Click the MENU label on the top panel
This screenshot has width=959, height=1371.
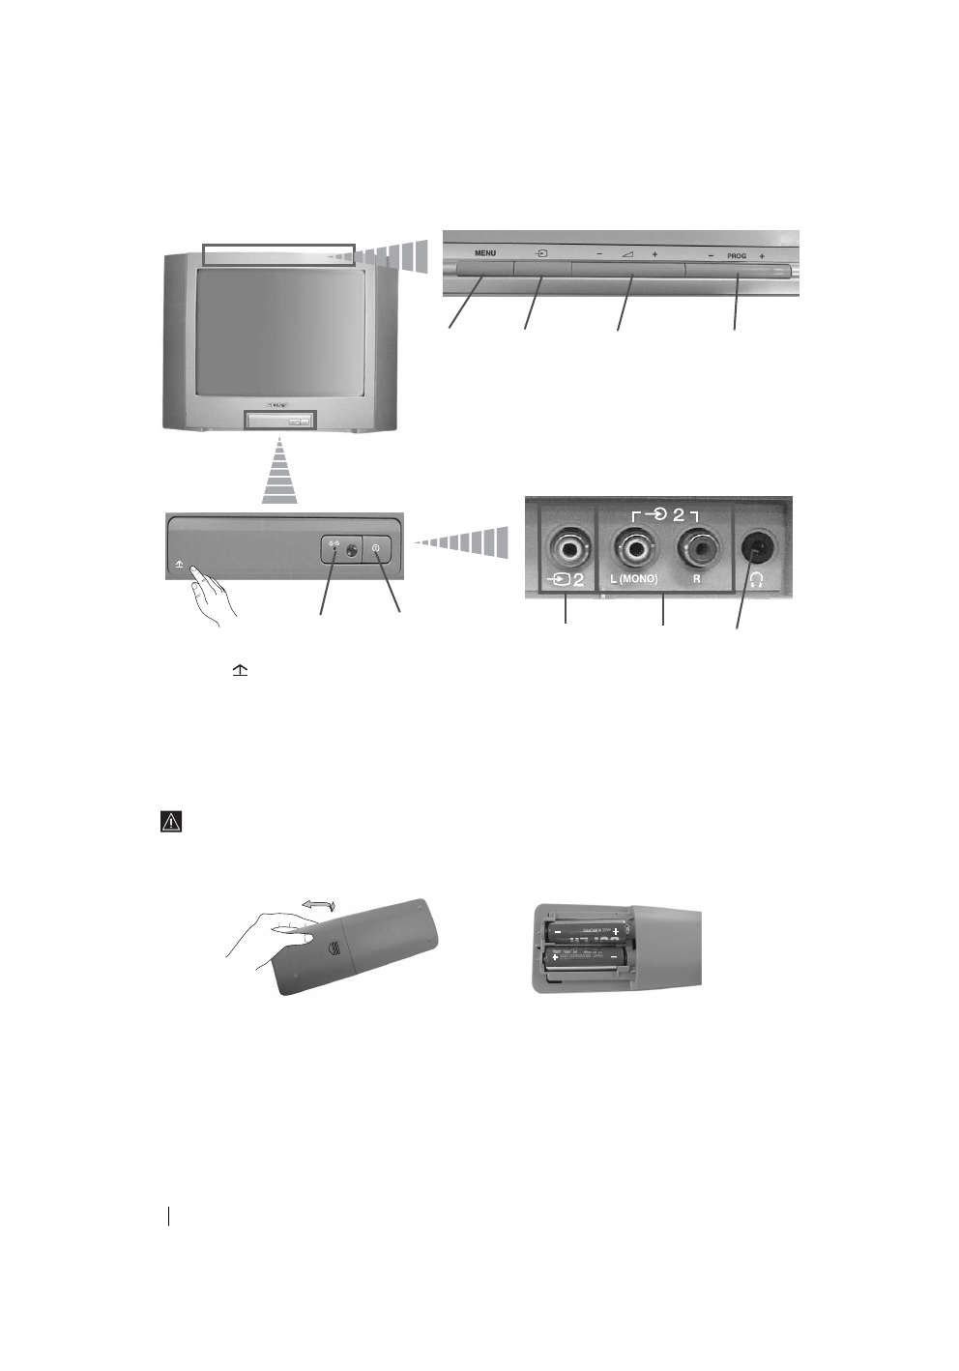[x=485, y=253]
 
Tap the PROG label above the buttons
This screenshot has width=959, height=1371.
[x=737, y=256]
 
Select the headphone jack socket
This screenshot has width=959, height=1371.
[x=757, y=548]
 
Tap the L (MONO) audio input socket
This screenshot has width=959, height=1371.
[x=635, y=549]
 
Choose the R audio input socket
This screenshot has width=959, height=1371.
[x=697, y=549]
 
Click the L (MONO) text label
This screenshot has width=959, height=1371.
[x=634, y=579]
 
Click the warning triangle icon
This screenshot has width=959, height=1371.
[x=171, y=822]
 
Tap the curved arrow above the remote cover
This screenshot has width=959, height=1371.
[x=317, y=904]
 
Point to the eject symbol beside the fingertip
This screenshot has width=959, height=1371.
[x=180, y=563]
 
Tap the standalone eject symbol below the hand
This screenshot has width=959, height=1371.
[x=239, y=670]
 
